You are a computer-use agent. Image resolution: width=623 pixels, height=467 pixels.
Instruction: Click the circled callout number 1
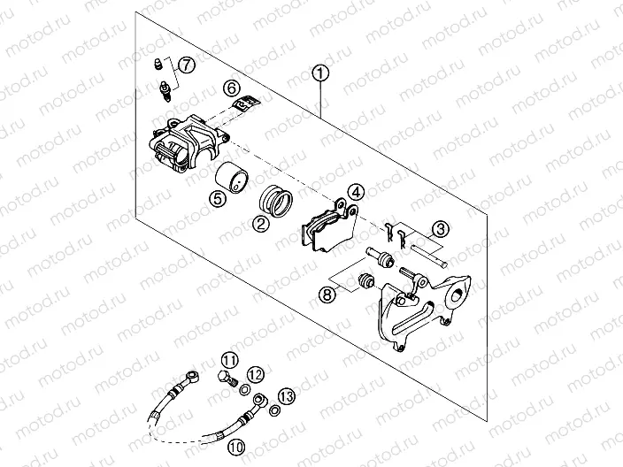(320, 74)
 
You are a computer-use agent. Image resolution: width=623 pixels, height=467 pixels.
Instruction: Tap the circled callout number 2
(262, 224)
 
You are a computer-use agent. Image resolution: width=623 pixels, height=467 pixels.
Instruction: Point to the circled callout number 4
(355, 191)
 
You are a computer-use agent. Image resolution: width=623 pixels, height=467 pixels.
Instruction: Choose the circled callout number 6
(230, 88)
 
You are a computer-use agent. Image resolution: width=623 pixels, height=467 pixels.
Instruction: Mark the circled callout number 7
(186, 65)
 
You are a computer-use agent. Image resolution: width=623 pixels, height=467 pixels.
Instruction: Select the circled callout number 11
(229, 360)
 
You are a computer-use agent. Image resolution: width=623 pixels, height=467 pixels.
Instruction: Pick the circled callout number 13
(286, 394)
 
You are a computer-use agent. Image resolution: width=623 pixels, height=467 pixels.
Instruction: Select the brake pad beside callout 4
(323, 225)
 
